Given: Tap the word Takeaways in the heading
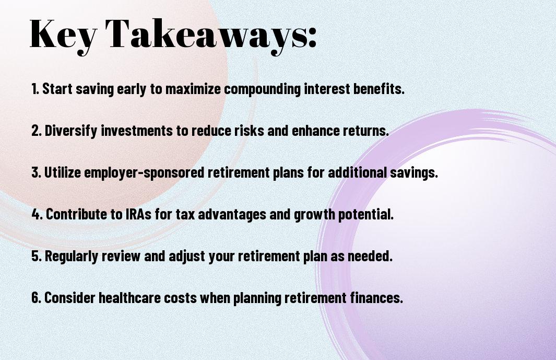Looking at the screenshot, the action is (206, 35).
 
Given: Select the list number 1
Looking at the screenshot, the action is (35, 89).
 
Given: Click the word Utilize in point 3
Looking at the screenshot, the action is (62, 172).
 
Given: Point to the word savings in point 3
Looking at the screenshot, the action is (414, 173).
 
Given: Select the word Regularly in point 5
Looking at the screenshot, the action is (72, 256).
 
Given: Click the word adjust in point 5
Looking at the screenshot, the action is (187, 256).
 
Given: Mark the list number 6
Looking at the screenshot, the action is (36, 297).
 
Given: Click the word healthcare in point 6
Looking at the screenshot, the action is (130, 297).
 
